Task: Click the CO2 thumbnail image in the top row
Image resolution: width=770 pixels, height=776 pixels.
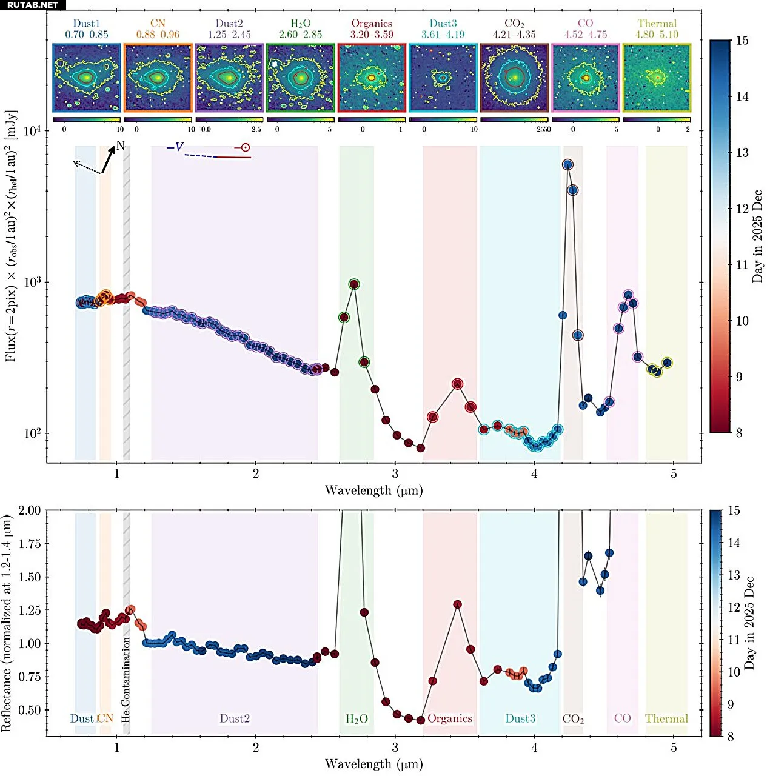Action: click(514, 78)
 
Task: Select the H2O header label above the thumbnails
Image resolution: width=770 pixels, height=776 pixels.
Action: click(300, 24)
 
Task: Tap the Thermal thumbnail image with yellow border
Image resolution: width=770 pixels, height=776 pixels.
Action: click(657, 78)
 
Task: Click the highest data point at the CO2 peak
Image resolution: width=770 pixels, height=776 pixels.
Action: click(567, 165)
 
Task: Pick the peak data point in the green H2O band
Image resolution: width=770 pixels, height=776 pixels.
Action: click(354, 284)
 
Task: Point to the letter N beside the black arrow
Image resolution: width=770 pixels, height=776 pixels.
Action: click(120, 145)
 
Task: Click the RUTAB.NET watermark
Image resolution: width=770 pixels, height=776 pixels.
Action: click(33, 5)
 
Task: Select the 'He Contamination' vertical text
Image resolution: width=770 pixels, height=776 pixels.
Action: click(126, 679)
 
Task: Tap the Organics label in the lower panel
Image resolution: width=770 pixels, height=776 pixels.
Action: click(449, 718)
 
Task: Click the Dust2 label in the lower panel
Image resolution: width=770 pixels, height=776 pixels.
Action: click(235, 718)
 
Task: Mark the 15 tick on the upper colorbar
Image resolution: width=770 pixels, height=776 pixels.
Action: click(742, 41)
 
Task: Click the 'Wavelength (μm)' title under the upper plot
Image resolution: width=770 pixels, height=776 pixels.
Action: click(373, 490)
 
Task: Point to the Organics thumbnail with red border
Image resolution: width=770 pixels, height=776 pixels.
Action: click(372, 78)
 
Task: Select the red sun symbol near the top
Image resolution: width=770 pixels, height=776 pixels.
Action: click(245, 147)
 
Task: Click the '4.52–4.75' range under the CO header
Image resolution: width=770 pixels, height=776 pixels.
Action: click(585, 35)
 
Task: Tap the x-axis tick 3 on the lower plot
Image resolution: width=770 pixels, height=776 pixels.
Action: click(395, 748)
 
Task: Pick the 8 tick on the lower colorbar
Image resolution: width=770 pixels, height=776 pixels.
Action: click(731, 737)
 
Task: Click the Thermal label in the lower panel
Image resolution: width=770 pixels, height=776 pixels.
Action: click(666, 718)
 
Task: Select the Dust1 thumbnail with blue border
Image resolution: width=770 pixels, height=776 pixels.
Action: click(87, 78)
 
